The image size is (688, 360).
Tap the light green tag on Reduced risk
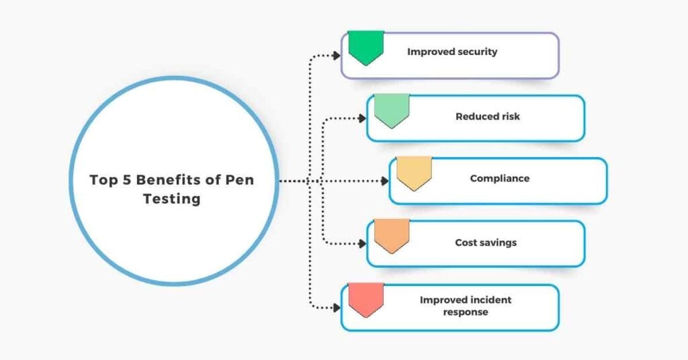point(392,110)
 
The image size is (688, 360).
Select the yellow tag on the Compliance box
point(414,173)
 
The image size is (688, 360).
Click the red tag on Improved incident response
point(365,299)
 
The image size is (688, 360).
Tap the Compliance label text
point(499,179)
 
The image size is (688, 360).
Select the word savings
point(498,242)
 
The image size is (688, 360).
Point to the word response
point(465,312)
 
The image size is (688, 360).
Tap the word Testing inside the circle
point(171,199)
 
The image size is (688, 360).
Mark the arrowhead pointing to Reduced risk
point(362,119)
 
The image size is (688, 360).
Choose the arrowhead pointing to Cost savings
point(362,244)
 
